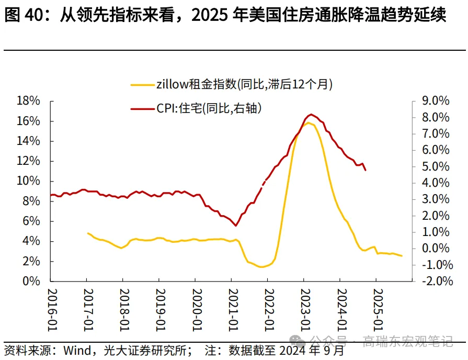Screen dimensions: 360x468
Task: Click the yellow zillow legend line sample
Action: pos(142,84)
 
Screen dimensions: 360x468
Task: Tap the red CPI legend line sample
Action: pos(142,108)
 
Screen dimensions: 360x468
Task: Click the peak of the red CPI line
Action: pos(311,114)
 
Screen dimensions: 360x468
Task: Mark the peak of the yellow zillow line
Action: pos(309,123)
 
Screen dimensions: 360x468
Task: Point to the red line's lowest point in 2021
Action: pos(236,226)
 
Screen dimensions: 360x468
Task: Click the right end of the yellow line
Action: pos(402,256)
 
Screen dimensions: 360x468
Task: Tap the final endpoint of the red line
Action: pos(366,170)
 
